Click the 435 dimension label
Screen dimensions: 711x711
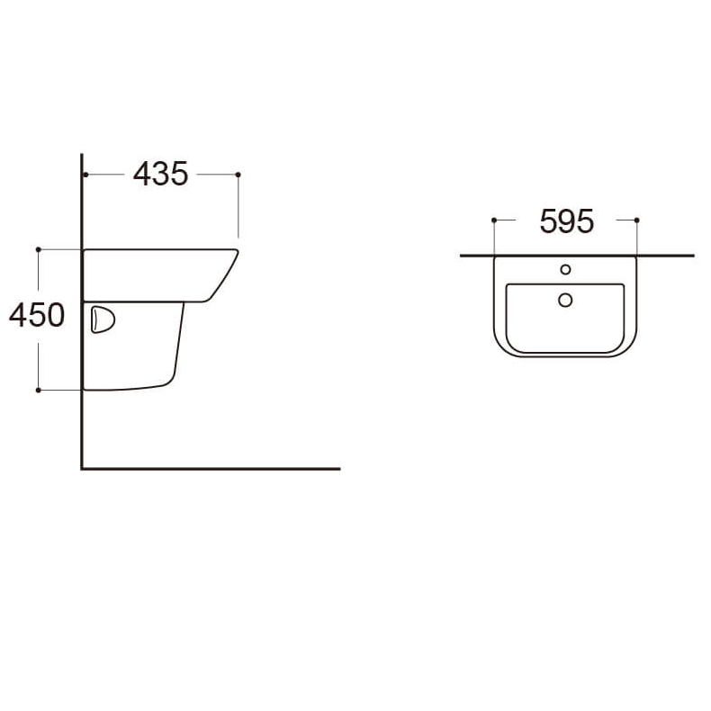pos(160,174)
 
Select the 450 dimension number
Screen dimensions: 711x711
pos(37,316)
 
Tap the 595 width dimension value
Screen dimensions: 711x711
pos(566,221)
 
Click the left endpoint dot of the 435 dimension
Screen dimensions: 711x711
pos(84,174)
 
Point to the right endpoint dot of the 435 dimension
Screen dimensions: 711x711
pos(238,174)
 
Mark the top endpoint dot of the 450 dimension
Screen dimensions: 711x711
pos(38,249)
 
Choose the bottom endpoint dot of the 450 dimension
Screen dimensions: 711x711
pos(38,390)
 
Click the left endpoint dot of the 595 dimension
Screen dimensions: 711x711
pos(494,220)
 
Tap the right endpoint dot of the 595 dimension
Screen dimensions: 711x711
pos(636,220)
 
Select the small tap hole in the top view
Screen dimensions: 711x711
pos(565,269)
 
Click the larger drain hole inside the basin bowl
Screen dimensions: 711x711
pos(565,300)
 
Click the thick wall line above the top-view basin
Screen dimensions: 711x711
pos(576,256)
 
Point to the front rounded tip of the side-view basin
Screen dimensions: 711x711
pos(235,254)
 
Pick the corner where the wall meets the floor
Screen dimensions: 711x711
pos(82,468)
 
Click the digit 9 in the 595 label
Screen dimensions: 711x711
pos(566,221)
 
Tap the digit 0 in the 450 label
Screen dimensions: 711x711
pos(54,316)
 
